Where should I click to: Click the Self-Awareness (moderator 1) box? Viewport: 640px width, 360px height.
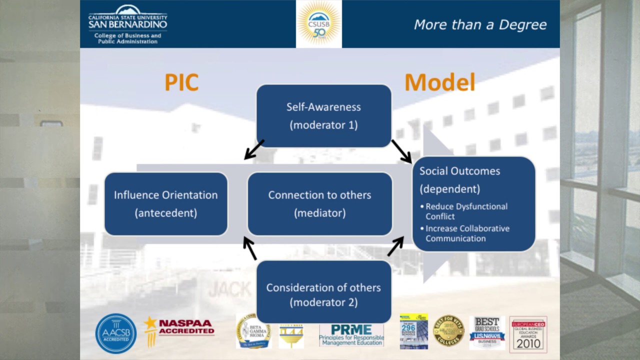click(x=323, y=116)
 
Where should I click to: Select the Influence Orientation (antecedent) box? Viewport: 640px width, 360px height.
click(x=166, y=203)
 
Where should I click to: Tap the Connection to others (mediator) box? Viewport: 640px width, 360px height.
click(x=319, y=203)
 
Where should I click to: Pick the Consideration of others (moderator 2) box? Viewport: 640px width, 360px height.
click(x=323, y=294)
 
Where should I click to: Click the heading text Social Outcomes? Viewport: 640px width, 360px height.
click(x=459, y=171)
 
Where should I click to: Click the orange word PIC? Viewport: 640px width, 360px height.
click(x=181, y=82)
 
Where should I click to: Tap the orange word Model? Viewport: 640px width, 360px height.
click(x=439, y=82)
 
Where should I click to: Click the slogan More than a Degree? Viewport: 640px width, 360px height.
click(x=480, y=24)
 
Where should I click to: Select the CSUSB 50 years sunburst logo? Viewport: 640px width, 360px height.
click(x=319, y=23)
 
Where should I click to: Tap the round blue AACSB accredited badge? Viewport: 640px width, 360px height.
click(x=116, y=333)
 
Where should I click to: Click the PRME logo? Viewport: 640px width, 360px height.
click(x=351, y=334)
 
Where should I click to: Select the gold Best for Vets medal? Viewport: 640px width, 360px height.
click(x=448, y=330)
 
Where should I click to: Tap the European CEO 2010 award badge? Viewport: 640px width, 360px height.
click(x=528, y=334)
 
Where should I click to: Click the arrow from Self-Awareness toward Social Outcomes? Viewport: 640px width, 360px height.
click(x=401, y=151)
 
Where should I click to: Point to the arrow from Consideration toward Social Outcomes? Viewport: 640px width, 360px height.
click(x=395, y=246)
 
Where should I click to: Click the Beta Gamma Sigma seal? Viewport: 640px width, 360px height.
click(x=253, y=331)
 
